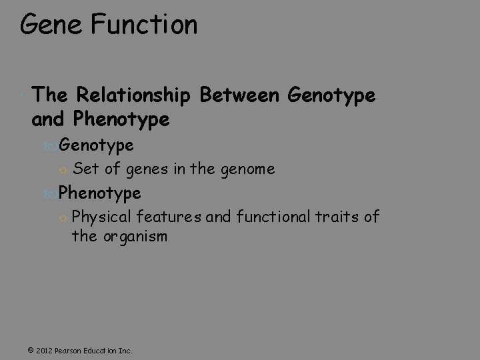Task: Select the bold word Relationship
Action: [135, 96]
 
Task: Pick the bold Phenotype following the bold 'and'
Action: [123, 120]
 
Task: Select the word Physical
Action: [102, 217]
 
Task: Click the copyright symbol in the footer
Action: [31, 350]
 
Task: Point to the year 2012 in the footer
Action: [44, 350]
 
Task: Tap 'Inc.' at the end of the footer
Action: [124, 350]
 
